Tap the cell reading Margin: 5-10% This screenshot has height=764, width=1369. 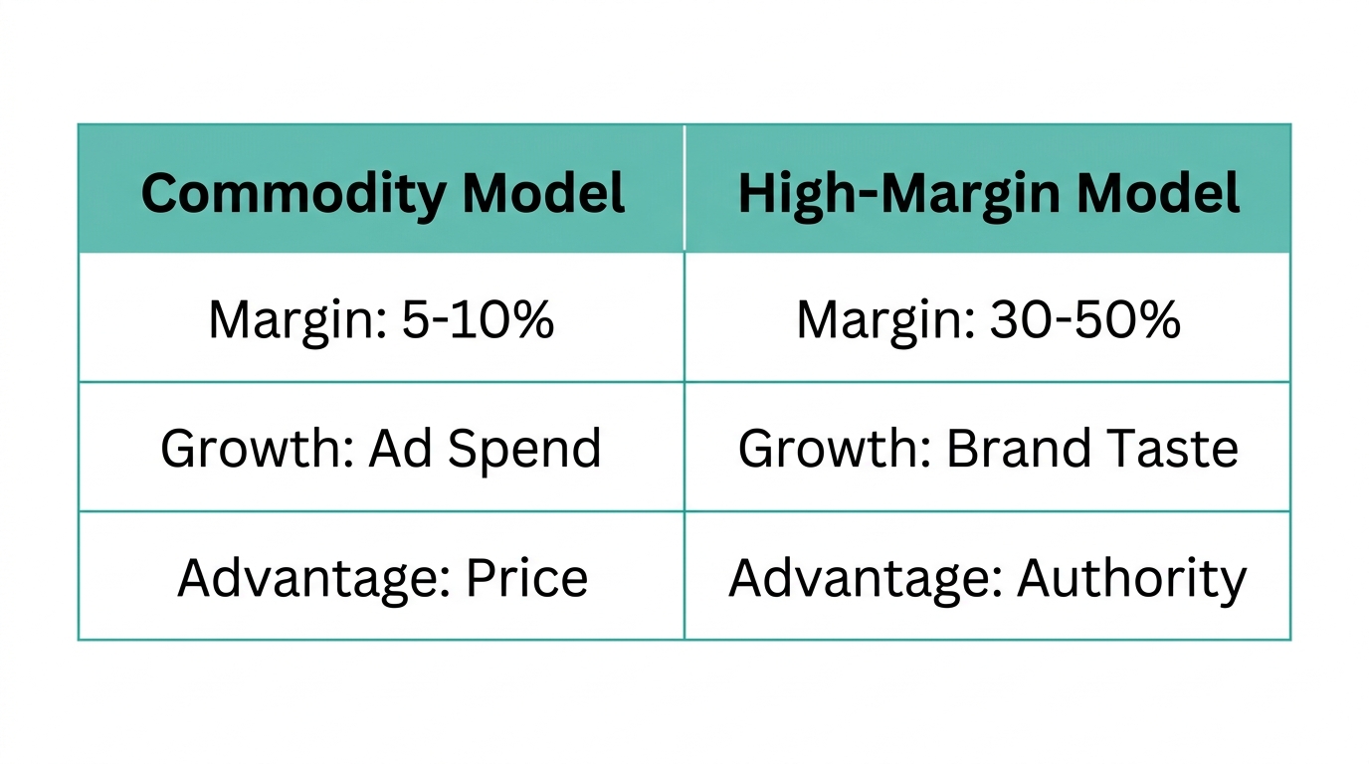tap(382, 319)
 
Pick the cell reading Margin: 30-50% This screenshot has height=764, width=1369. tap(988, 319)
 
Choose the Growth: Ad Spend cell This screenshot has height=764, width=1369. tap(382, 449)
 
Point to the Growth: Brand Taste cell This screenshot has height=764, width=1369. tap(988, 449)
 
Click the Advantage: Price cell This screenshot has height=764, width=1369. tap(382, 578)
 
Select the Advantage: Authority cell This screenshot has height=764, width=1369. tap(988, 578)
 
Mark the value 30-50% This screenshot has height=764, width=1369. tap(1085, 319)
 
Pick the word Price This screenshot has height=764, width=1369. tap(526, 578)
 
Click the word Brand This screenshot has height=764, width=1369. tap(1005, 449)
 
